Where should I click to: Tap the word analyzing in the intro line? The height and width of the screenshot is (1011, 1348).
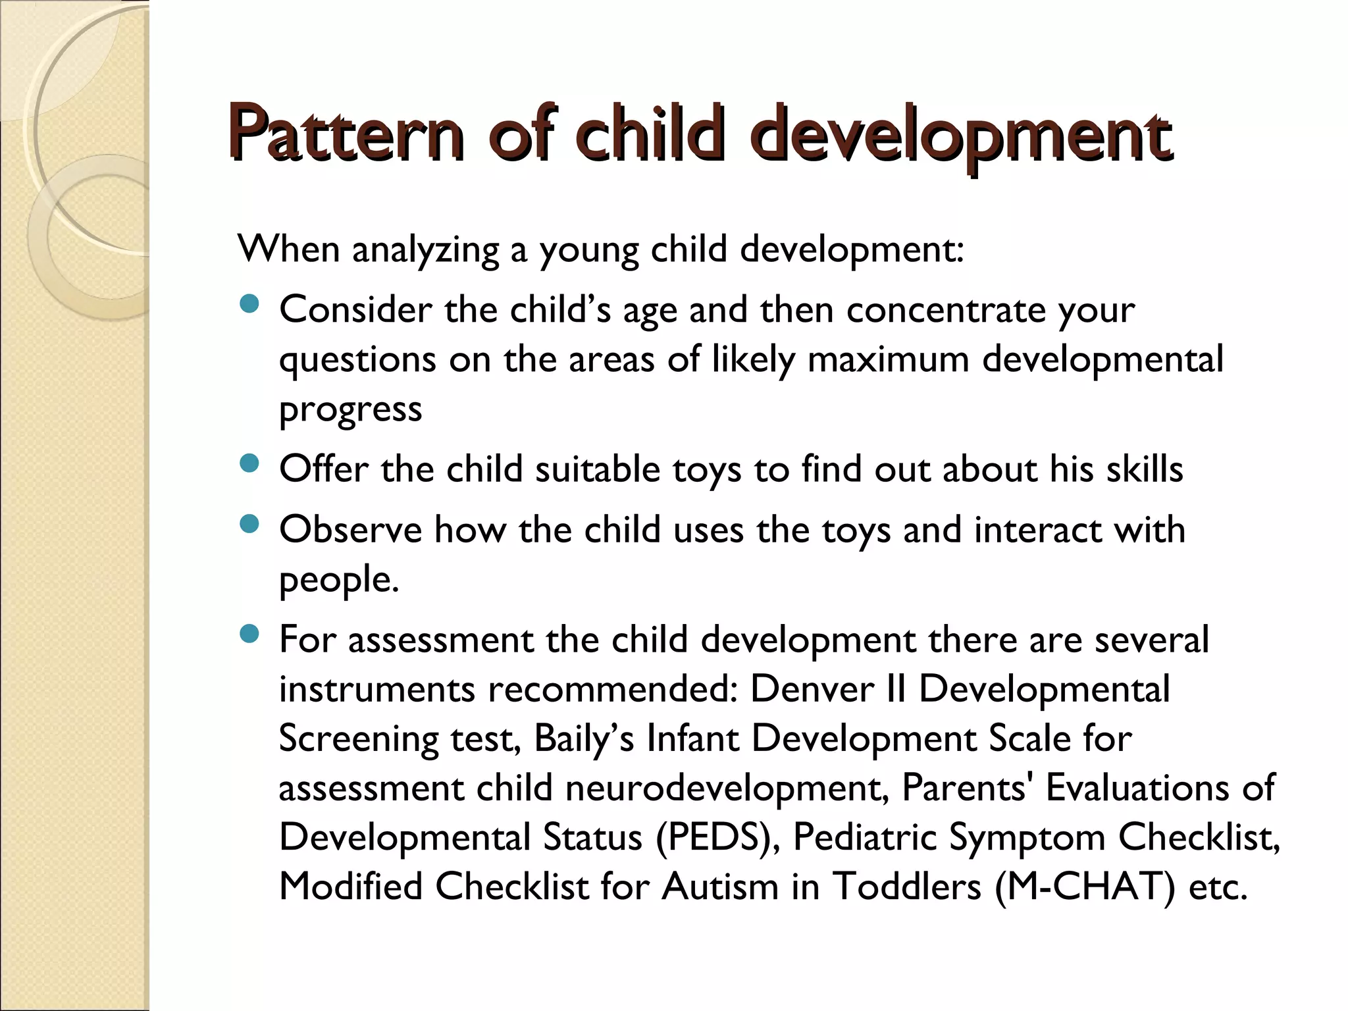click(x=426, y=251)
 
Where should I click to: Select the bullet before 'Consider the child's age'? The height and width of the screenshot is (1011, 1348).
click(x=249, y=304)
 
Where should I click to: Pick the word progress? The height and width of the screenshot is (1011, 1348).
click(x=350, y=410)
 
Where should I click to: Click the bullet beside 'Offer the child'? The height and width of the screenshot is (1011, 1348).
click(x=249, y=465)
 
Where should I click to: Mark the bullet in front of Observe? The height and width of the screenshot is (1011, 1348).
click(x=249, y=525)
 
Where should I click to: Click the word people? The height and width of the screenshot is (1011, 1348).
click(x=338, y=580)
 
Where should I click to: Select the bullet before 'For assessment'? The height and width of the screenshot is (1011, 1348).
click(x=249, y=635)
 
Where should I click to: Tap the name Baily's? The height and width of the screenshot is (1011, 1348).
click(x=584, y=739)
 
